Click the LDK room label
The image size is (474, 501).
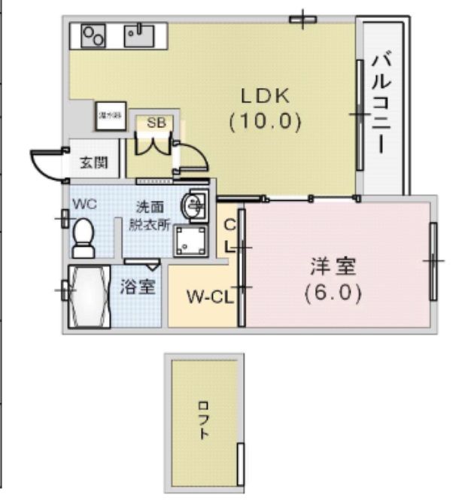point(265,96)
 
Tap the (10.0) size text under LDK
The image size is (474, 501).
point(265,120)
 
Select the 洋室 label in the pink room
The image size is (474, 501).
point(333,266)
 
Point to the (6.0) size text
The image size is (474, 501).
point(333,292)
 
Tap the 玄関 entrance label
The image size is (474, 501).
point(93,162)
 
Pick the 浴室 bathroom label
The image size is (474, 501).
point(138,287)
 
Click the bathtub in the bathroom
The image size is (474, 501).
point(89,297)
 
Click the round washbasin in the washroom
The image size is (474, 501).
point(195,204)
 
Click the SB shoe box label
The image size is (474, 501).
point(156,123)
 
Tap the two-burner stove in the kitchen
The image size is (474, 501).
point(93,35)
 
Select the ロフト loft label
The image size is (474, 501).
point(203,422)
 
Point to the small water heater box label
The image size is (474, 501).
point(110,116)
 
